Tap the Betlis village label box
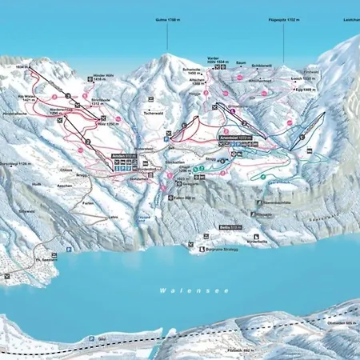pyautogui.click(x=226, y=228)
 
